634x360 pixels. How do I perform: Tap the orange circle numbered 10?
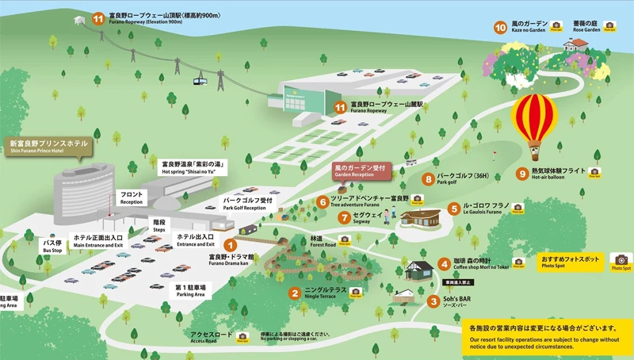pos(500,27)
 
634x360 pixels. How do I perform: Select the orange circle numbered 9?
pos(521,174)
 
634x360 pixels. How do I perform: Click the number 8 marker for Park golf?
pos(428,179)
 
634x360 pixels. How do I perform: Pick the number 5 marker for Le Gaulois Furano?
pos(453,209)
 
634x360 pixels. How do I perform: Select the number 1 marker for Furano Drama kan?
pos(230,246)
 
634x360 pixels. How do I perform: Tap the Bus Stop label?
pos(52,247)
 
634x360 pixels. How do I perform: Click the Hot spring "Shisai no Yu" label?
pos(195,167)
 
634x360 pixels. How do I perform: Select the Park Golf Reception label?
pos(247,205)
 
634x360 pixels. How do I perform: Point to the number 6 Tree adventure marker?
pos(323,201)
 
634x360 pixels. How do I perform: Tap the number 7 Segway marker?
pos(344,217)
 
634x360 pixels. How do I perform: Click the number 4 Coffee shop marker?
pos(445,263)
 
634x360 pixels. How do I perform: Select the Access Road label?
pos(212,338)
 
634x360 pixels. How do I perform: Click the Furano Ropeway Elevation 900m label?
pos(158,20)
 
